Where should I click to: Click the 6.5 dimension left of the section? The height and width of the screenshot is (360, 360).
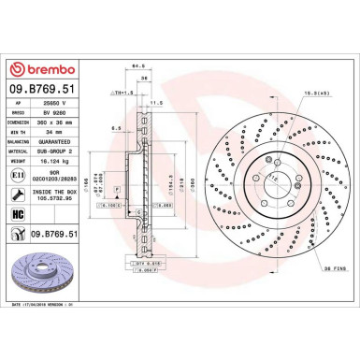tap(112, 128)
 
